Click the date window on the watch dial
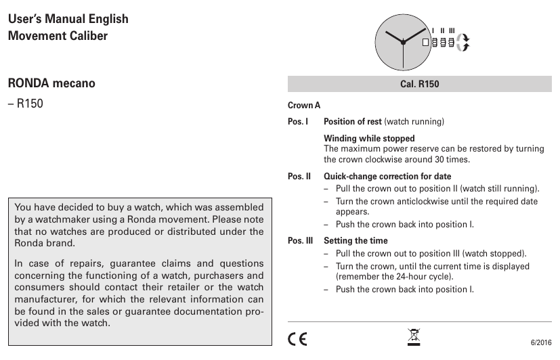tap(426, 42)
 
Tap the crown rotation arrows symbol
tap(463, 42)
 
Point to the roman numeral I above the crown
tap(433, 30)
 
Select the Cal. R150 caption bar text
tap(420, 84)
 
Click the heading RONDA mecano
tap(51, 84)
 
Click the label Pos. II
tap(299, 177)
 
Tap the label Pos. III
tap(300, 240)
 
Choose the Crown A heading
tap(304, 106)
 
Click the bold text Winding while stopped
tap(369, 139)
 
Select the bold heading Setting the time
tap(356, 240)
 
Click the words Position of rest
tap(353, 122)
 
